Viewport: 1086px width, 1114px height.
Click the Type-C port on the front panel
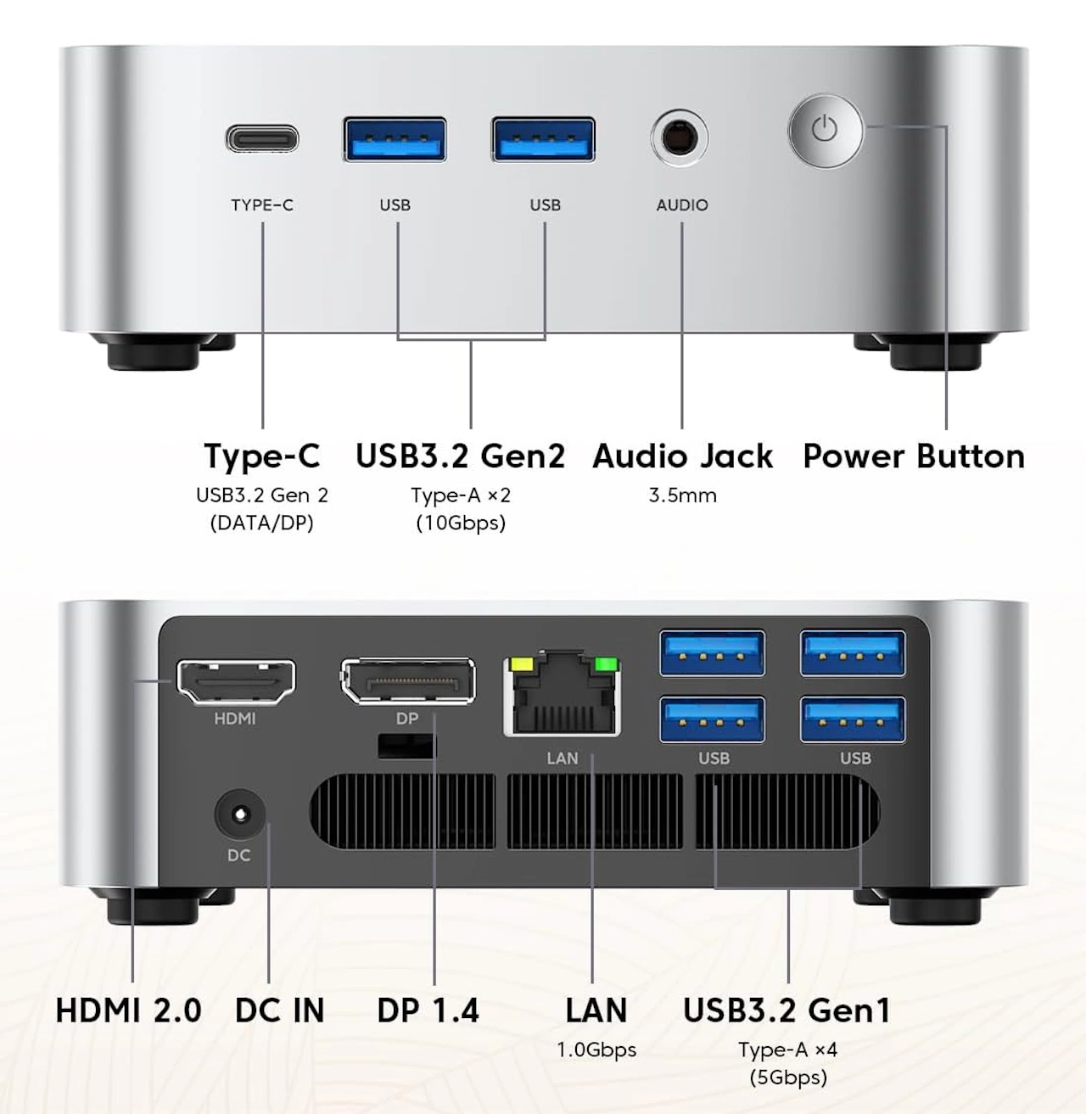click(x=262, y=137)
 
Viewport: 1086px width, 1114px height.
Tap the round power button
click(x=825, y=131)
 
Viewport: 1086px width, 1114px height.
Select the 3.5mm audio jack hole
click(x=680, y=137)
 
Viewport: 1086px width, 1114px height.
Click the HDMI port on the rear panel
click(x=236, y=681)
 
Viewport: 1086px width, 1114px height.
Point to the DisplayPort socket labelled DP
click(x=407, y=680)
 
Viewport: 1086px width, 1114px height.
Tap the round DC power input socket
click(x=239, y=815)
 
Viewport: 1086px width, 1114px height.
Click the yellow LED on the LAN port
click(x=518, y=663)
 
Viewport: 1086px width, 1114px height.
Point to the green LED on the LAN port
click(x=605, y=663)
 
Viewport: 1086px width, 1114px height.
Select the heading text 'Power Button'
click(x=914, y=456)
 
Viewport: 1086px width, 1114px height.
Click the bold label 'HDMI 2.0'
click(x=128, y=1010)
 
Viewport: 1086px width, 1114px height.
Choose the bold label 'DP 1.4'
click(x=428, y=1010)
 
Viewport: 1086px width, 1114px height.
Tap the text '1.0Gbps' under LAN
click(x=596, y=1050)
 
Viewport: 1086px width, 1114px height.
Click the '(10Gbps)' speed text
click(x=461, y=523)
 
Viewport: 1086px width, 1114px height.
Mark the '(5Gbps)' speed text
click(x=787, y=1078)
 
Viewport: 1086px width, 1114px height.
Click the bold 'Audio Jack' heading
click(x=683, y=456)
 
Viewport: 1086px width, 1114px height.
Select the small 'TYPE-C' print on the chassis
click(x=262, y=205)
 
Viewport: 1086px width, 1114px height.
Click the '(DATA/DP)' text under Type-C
click(x=262, y=523)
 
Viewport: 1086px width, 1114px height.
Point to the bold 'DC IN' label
click(x=280, y=1010)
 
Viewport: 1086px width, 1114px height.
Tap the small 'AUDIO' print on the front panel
click(x=682, y=205)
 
